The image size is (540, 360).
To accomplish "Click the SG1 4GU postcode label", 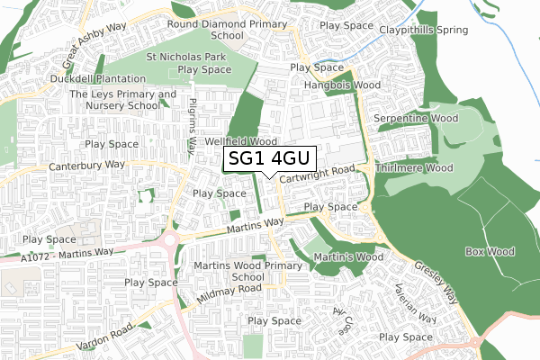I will pyautogui.click(x=269, y=158).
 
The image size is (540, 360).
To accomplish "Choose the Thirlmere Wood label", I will pyautogui.click(x=414, y=167).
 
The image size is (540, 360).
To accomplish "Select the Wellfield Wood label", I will pyautogui.click(x=239, y=142).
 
